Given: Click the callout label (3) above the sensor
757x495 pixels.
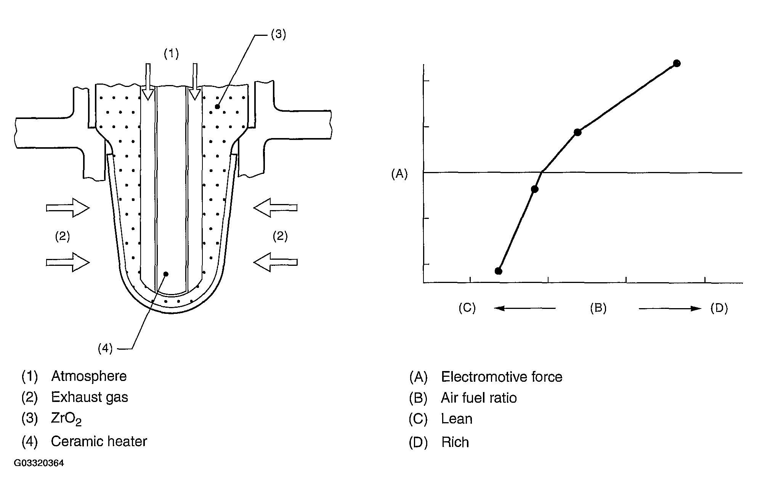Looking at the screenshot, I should (278, 34).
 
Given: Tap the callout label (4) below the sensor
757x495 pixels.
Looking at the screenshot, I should (105, 348).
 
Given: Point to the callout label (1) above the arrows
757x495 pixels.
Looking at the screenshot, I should (171, 54).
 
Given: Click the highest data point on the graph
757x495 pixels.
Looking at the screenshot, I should (677, 63).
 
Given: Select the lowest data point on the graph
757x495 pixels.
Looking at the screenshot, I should (498, 271).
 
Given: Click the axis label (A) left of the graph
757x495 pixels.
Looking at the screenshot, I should (399, 174).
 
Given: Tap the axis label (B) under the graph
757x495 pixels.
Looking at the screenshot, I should (598, 308).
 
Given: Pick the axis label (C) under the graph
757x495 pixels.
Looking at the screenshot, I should (467, 308).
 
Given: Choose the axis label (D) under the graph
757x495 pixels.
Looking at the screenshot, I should (719, 308).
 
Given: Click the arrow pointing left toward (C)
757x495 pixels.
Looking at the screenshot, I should (524, 308).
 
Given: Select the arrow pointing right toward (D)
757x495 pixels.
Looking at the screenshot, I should (670, 309).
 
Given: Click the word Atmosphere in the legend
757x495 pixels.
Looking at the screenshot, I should (89, 376).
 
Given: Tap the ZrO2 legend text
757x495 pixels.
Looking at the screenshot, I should (66, 419).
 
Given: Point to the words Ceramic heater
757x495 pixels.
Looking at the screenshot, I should (99, 441).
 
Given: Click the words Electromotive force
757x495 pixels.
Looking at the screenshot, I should (502, 377).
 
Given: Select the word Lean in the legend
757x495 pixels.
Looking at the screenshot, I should (457, 419).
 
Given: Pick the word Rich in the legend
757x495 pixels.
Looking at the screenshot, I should (455, 442).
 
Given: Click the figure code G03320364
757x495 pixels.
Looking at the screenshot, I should (39, 463).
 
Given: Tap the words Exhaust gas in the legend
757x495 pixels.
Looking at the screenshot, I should (90, 397).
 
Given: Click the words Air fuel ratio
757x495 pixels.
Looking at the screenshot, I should (479, 398).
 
